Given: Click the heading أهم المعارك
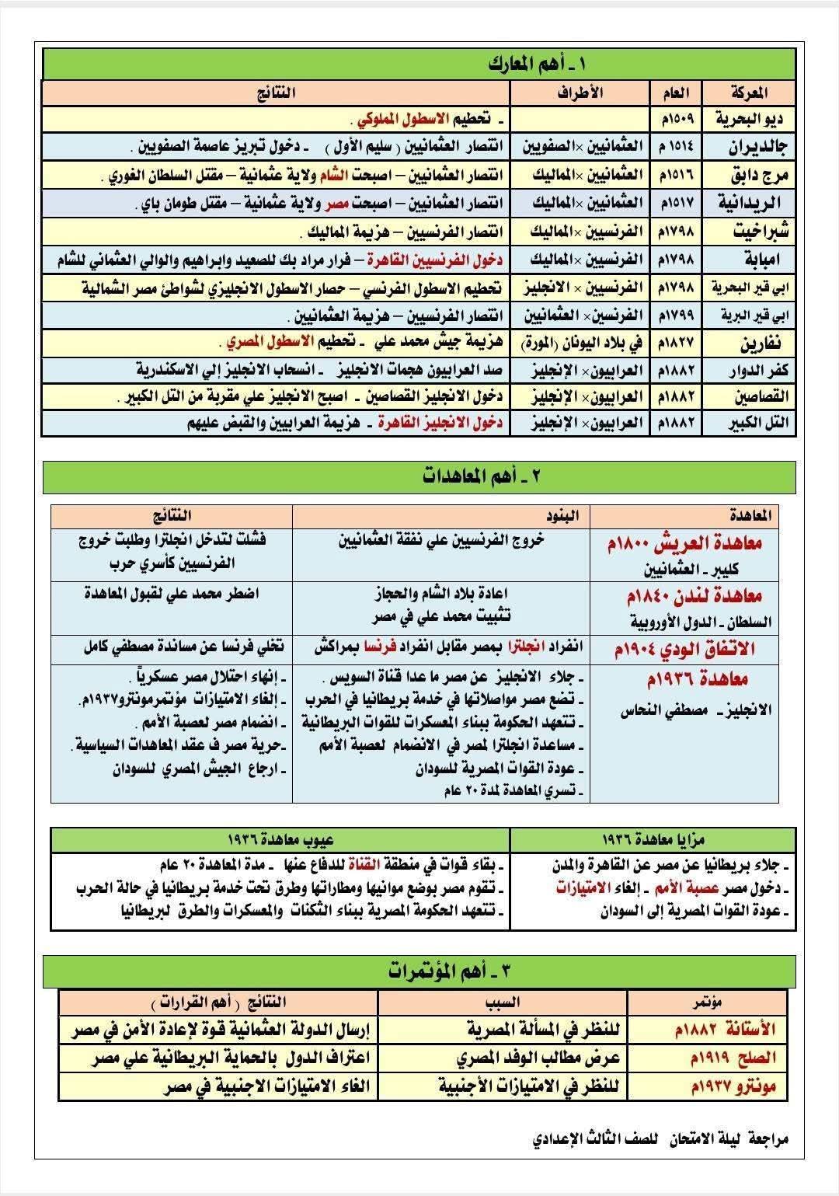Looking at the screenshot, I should (520, 64).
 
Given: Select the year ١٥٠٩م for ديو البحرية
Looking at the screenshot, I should (677, 119).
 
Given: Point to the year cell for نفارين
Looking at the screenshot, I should (677, 343).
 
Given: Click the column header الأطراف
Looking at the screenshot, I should (580, 92).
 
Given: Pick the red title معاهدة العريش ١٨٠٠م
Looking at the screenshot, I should (684, 544).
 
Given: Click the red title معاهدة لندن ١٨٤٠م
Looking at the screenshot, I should (684, 597).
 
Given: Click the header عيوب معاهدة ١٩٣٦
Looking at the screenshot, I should (280, 840).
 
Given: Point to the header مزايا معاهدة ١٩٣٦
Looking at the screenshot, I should (653, 840).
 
